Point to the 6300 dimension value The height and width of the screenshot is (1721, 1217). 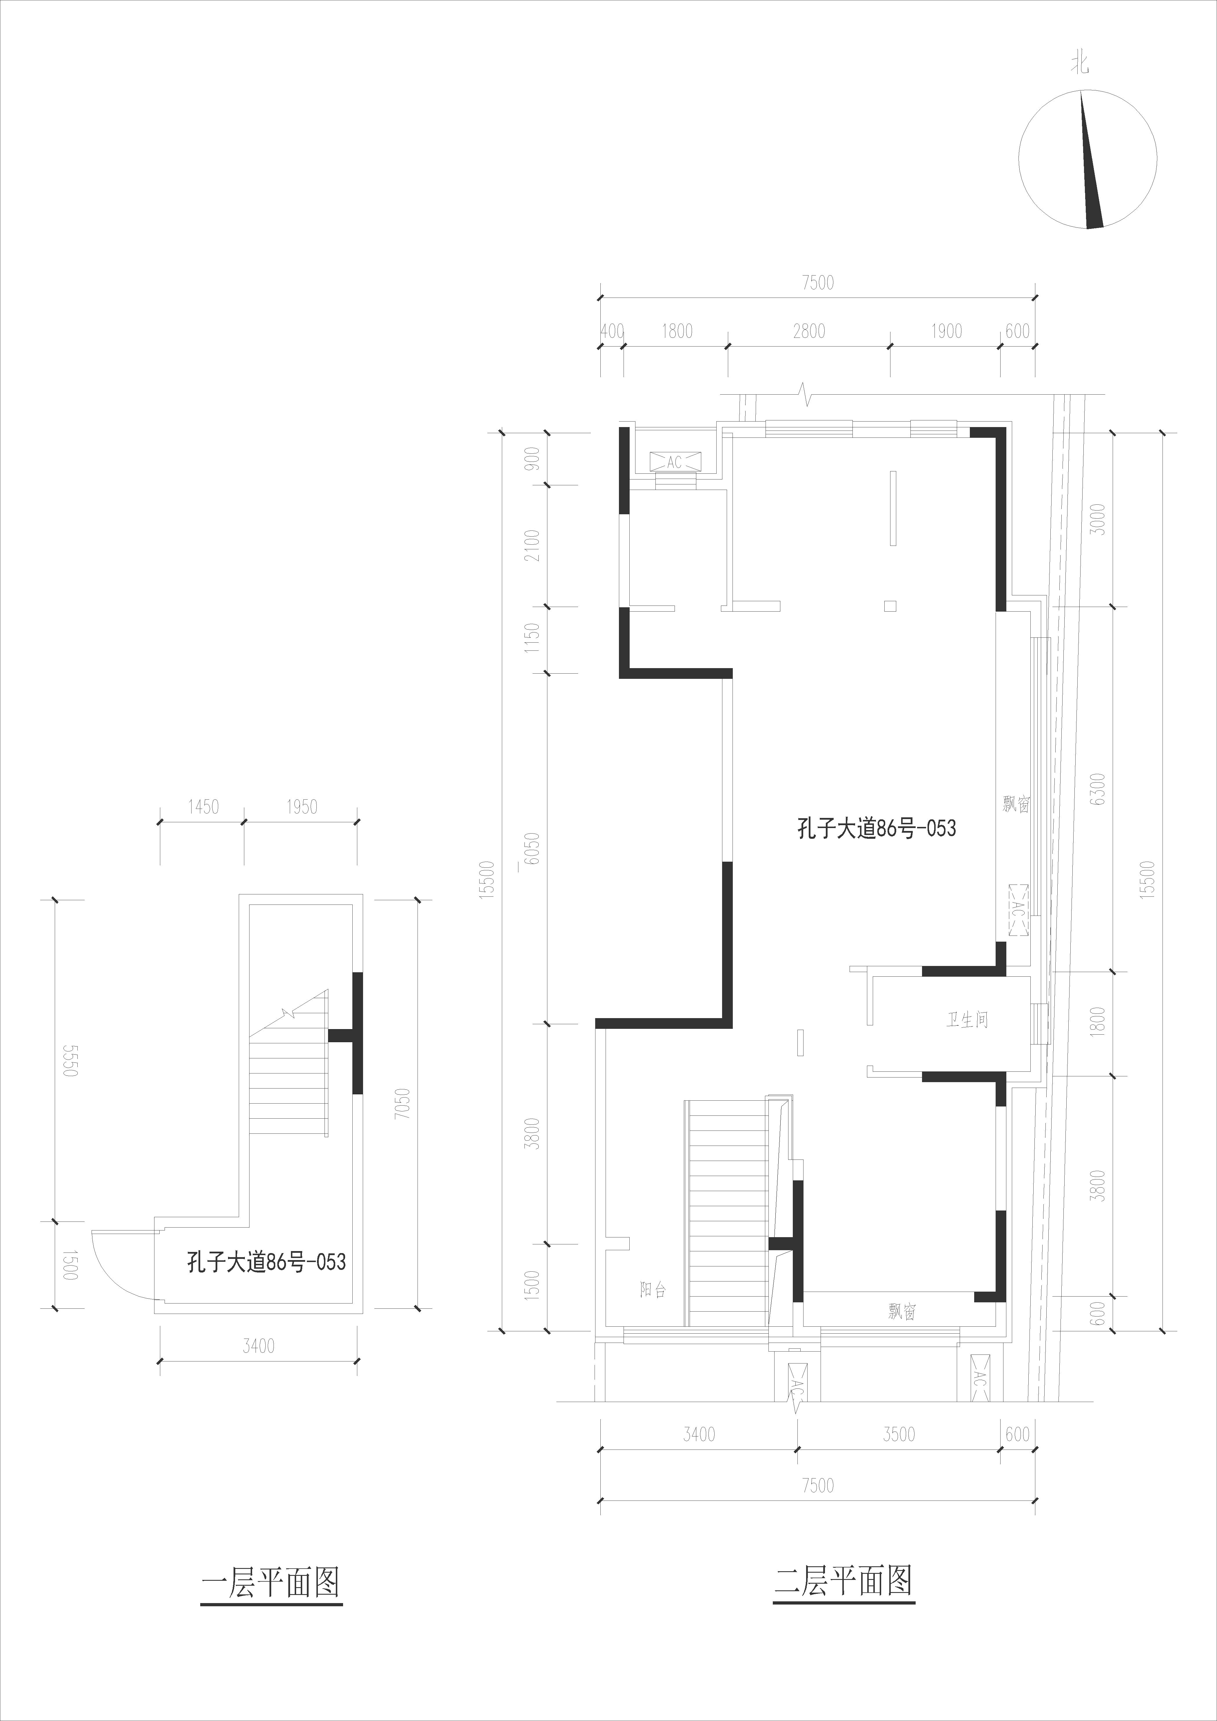pyautogui.click(x=1098, y=789)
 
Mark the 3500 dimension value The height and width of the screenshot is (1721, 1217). pyautogui.click(x=898, y=1434)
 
